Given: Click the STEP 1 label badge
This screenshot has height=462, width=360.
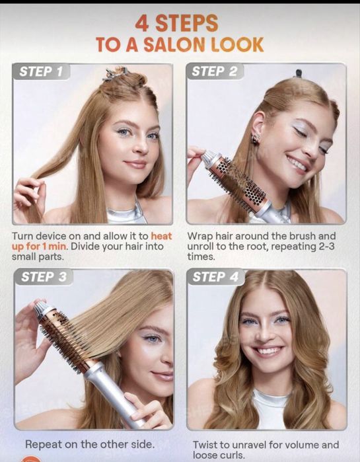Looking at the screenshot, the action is (x=41, y=71).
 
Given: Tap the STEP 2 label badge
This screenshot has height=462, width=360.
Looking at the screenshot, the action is (x=215, y=71).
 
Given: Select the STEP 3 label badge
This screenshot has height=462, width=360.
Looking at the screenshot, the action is (x=44, y=277).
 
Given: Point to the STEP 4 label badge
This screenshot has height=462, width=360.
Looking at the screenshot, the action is (x=216, y=277).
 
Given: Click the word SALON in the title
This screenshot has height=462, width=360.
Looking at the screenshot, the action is (x=174, y=45).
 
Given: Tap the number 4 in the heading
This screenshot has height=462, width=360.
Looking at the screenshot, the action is (x=142, y=24).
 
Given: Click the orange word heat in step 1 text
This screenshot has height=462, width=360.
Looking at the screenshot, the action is (x=161, y=236).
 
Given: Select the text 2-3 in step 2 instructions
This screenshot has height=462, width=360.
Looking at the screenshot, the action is (x=327, y=247).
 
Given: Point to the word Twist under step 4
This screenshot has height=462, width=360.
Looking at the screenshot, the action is (x=207, y=445).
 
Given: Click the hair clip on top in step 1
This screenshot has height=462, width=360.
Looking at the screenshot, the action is (x=116, y=73).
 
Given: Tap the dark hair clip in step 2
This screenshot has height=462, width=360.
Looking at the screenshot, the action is (x=298, y=73).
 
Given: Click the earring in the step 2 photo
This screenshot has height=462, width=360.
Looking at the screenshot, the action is (x=256, y=138).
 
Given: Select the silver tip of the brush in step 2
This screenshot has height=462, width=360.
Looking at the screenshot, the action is (x=209, y=159).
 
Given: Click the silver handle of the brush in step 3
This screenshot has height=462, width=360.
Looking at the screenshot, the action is (x=114, y=393).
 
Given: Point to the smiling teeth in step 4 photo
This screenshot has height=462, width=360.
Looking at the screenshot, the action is (x=268, y=351).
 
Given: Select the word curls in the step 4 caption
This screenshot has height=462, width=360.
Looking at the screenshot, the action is (x=232, y=455).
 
